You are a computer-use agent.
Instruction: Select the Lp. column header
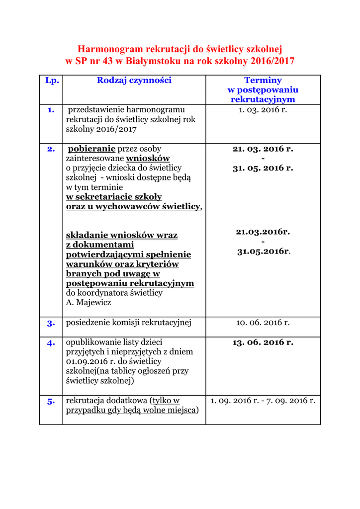(52, 80)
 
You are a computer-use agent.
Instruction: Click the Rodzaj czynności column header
(134, 80)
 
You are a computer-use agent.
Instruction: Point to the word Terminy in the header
(263, 80)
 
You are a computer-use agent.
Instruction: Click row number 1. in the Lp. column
(51, 110)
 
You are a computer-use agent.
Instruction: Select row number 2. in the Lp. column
(51, 149)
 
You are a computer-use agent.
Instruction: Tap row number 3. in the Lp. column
(51, 323)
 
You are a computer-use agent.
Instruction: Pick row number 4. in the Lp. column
(51, 343)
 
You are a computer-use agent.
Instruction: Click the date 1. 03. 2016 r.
(263, 109)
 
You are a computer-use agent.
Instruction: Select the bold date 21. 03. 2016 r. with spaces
(263, 149)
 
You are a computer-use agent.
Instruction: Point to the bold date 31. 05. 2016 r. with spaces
(263, 168)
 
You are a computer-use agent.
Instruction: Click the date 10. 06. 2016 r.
(263, 323)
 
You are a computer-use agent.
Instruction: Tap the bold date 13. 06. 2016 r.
(263, 342)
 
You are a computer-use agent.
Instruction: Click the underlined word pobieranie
(91, 149)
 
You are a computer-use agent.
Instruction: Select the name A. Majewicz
(89, 302)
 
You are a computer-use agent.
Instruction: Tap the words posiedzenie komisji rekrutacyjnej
(128, 323)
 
